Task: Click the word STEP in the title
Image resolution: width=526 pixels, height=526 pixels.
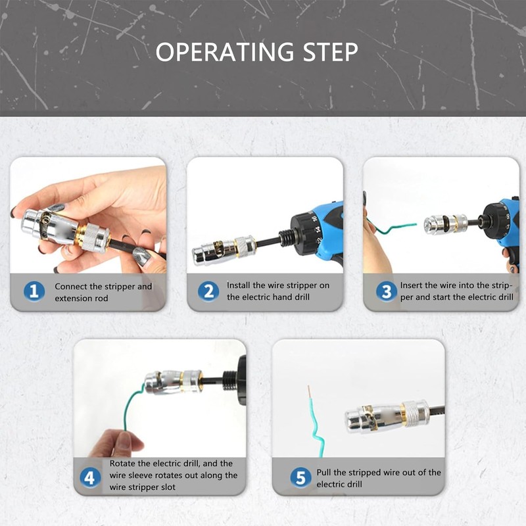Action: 331,52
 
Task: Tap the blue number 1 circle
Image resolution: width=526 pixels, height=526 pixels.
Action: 34,291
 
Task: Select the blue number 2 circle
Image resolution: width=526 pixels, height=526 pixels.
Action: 208,291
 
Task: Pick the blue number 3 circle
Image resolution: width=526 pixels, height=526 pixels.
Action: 387,291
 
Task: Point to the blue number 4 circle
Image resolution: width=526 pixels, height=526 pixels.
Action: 90,478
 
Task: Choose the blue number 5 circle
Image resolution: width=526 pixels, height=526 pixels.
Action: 300,478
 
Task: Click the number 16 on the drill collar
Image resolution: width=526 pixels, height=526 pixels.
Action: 314,219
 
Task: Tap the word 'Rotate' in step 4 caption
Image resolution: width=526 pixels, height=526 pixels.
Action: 122,464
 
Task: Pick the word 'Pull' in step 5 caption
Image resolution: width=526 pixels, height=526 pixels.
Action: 323,472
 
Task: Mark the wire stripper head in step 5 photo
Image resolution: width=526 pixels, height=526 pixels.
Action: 373,418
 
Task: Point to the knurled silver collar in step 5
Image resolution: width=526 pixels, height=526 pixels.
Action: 416,412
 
